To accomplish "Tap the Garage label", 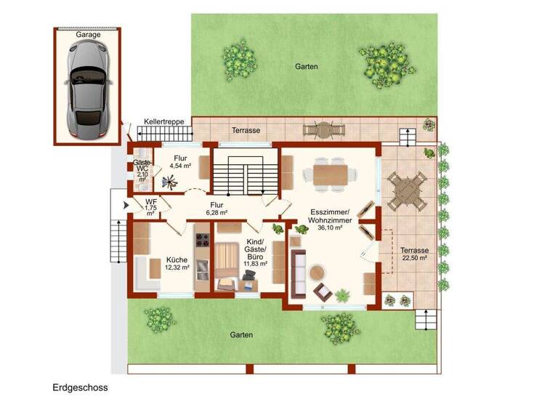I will coord(89,34).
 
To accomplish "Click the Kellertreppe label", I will coord(163,121).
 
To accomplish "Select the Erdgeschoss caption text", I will coord(80,387).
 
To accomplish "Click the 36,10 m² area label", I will coord(331,227).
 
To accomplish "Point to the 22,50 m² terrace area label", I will coord(413,257).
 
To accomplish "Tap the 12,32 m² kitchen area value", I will coord(177,267).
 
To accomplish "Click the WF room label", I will coord(151,203).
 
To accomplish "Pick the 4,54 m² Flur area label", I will coord(179,166).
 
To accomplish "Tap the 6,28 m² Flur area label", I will coord(217,214).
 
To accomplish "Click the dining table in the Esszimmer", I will coord(331,174).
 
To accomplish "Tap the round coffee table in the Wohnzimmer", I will coord(317,273).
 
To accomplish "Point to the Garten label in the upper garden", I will coord(306,66).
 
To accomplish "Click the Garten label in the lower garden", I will coord(241,335).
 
